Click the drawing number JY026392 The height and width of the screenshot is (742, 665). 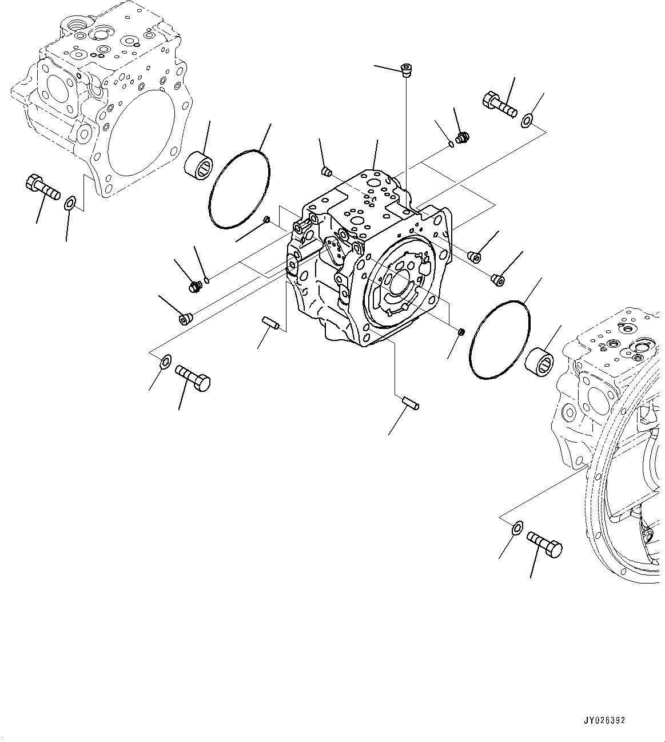pos(604,720)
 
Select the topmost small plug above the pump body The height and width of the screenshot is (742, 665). pos(407,70)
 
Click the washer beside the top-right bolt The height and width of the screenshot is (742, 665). pos(527,120)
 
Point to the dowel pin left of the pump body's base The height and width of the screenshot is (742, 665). pos(270,323)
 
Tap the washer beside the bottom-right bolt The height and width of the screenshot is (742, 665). pos(516,527)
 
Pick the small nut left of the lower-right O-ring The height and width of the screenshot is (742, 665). pos(461,331)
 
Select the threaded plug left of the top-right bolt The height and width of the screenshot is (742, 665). pos(463,137)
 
